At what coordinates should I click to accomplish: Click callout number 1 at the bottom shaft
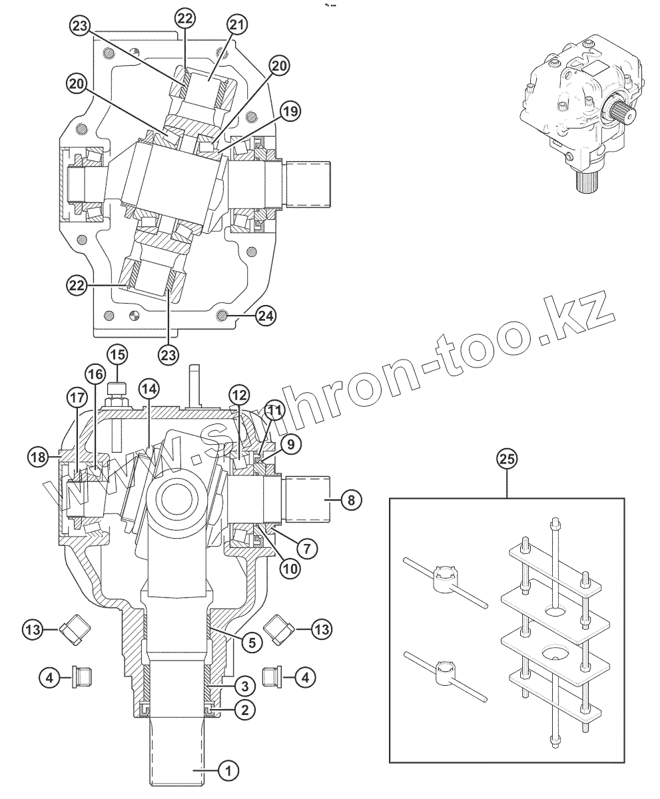(x=228, y=771)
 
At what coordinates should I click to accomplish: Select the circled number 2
(x=244, y=709)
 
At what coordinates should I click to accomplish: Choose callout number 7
(x=307, y=549)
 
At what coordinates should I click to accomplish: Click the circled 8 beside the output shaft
(x=350, y=499)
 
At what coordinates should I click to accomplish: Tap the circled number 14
(x=149, y=388)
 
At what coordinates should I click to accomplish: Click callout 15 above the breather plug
(x=117, y=355)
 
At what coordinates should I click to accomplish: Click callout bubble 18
(x=38, y=457)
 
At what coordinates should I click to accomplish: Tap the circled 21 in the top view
(x=238, y=25)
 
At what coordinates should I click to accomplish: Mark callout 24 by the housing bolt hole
(x=265, y=316)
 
